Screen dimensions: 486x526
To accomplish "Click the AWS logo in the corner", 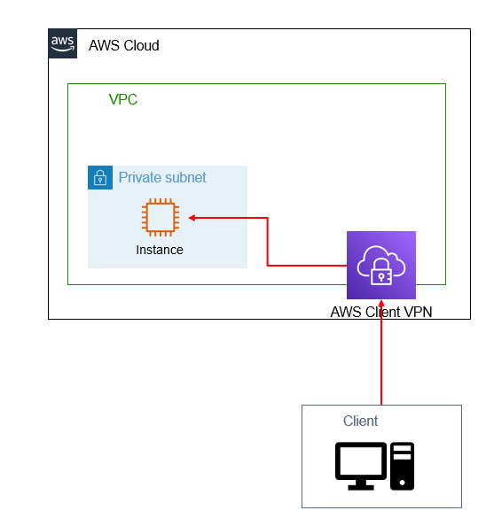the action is [62, 43].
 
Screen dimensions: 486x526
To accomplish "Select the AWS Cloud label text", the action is [123, 46].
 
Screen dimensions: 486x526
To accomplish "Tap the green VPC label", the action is [123, 99].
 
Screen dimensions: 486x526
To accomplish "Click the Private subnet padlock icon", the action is [100, 177].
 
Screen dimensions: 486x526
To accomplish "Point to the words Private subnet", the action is [162, 177].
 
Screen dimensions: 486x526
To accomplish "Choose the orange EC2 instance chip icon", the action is [161, 217].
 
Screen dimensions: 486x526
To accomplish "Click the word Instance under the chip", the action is [160, 250].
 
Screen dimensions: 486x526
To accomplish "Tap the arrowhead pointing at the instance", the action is [192, 218].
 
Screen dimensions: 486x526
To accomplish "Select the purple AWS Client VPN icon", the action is [381, 265].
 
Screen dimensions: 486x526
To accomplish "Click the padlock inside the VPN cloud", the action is [381, 275].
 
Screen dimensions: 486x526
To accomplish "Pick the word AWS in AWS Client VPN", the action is [346, 312].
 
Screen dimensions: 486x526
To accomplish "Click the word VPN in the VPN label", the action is [418, 312].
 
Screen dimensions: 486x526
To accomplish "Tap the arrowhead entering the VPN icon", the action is [381, 303].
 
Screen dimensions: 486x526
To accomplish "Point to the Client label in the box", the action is [360, 421].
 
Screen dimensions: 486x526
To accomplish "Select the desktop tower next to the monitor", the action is [402, 466].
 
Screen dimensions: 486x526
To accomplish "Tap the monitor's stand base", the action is [361, 487].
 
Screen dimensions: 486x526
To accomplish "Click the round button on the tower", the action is [402, 483].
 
